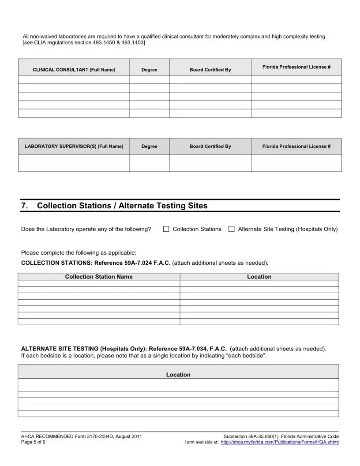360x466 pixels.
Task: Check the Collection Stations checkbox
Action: click(166, 229)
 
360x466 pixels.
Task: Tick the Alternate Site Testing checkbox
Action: click(231, 229)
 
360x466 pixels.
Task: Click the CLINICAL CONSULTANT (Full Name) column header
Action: click(74, 70)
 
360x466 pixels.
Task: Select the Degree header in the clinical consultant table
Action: click(149, 70)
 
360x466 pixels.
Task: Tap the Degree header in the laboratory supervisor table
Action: click(149, 147)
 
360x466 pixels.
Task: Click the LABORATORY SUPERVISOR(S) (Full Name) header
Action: click(74, 147)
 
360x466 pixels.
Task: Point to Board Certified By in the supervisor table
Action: click(210, 147)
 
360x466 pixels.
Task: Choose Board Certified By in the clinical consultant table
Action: click(210, 70)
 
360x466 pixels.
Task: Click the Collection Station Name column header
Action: click(98, 277)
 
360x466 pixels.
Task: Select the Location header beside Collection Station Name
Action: click(259, 277)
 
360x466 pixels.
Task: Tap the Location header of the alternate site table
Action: click(178, 375)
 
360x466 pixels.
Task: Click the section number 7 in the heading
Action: click(24, 206)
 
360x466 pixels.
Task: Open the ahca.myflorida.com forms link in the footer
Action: click(279, 442)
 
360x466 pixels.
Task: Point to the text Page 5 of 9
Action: click(33, 442)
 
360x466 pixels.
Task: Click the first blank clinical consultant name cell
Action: click(74, 79)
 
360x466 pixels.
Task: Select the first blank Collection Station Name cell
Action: click(98, 283)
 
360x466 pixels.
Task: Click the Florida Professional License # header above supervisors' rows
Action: click(296, 147)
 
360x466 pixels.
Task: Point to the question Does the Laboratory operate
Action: click(86, 229)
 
